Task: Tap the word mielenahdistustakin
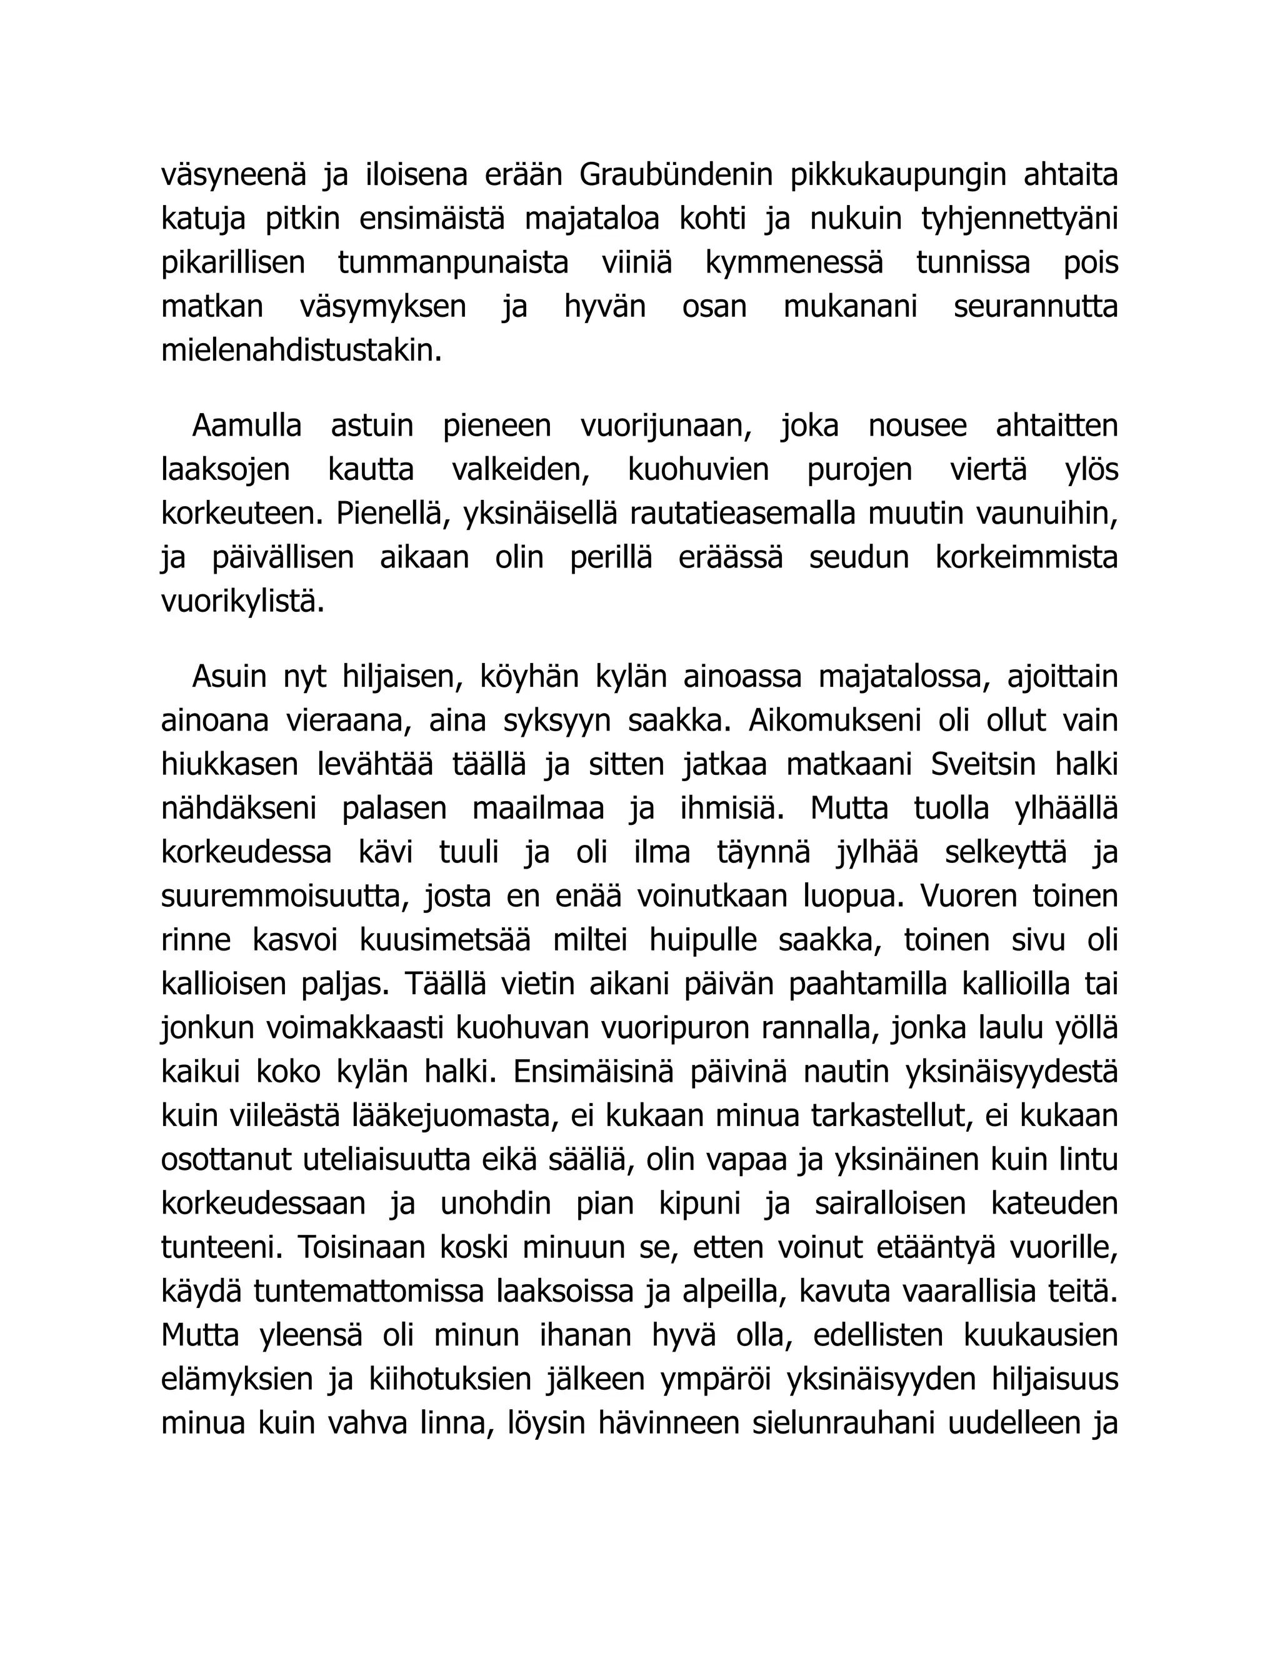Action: pyautogui.click(x=301, y=351)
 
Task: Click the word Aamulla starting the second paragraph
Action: pyautogui.click(x=246, y=426)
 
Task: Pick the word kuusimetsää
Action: pyautogui.click(x=444, y=940)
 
